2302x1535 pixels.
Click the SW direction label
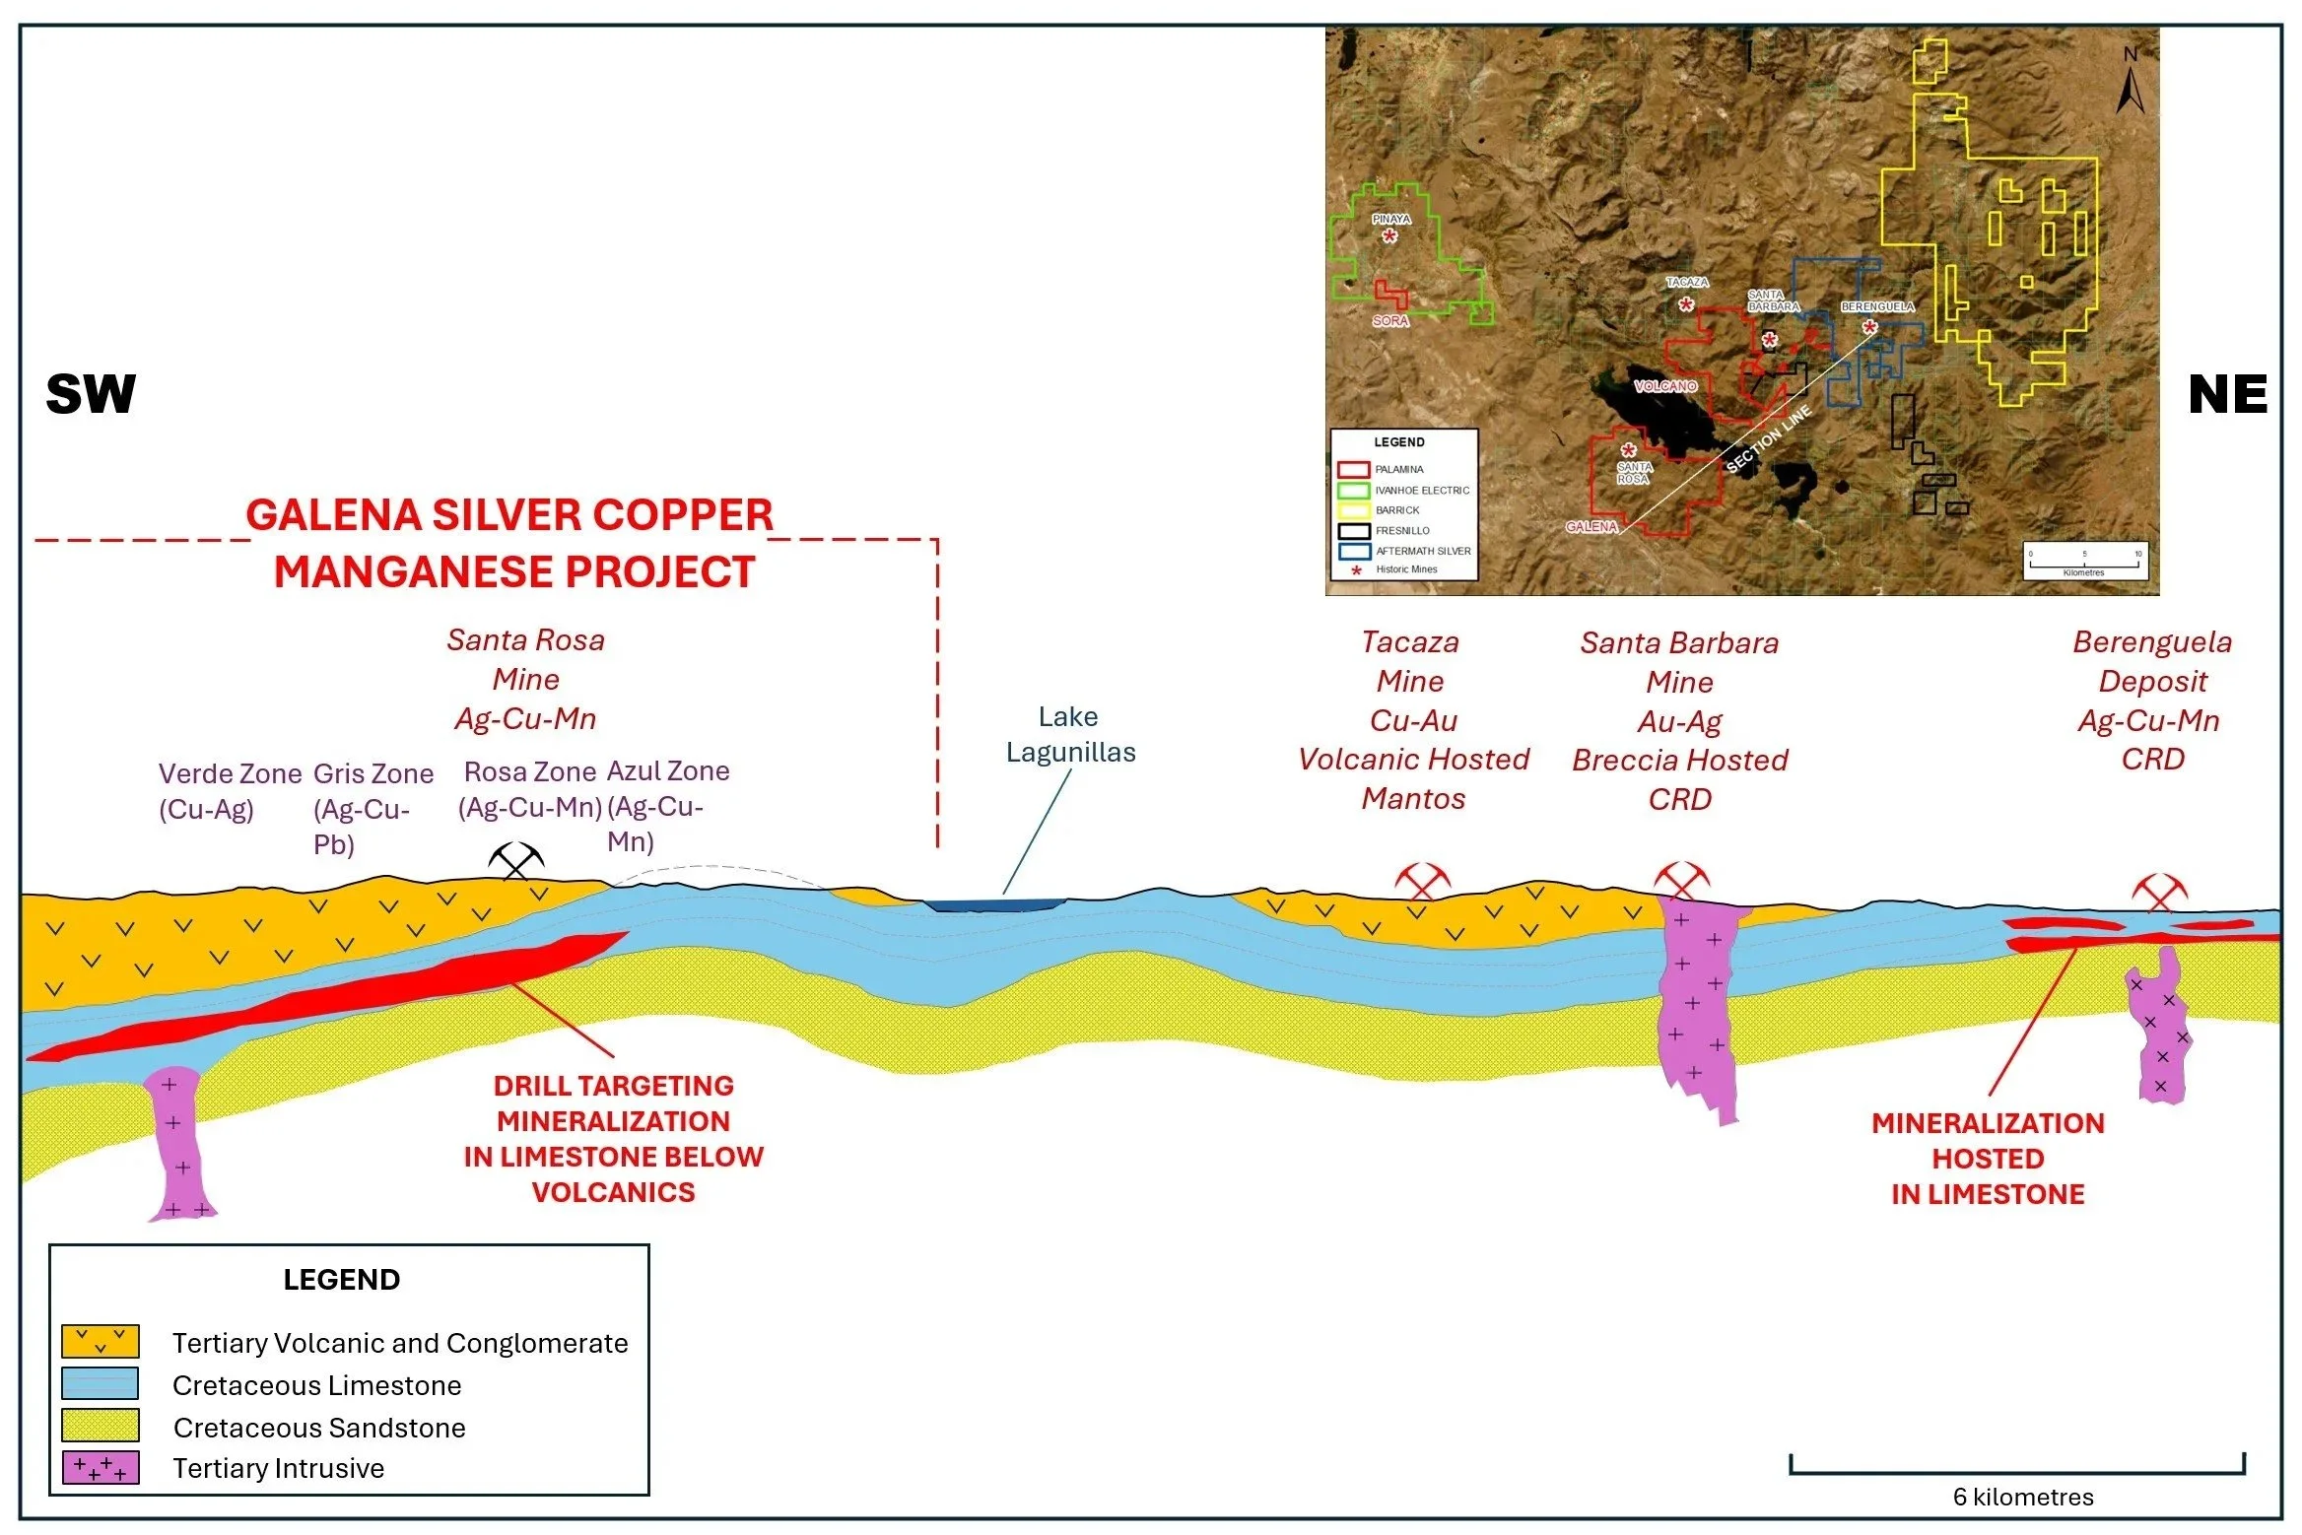pos(91,394)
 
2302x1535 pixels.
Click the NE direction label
pos(2227,394)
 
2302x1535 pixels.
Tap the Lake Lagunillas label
pos(1070,734)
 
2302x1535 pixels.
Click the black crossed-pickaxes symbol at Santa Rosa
pos(515,862)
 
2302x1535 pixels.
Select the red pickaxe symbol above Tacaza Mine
pos(1421,880)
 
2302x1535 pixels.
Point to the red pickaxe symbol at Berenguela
pos(2159,892)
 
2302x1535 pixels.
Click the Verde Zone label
pos(230,774)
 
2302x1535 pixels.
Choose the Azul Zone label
pos(668,771)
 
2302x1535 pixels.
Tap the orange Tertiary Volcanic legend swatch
pos(101,1341)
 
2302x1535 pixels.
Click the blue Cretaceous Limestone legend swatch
pos(101,1383)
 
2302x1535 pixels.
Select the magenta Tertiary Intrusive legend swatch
pos(101,1467)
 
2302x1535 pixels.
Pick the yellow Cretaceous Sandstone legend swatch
pos(101,1426)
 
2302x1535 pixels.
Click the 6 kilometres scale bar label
pos(2023,1497)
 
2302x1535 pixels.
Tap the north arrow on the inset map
pos(2132,84)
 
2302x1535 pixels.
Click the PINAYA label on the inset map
pos(1391,219)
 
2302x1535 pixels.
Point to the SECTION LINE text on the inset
pos(1769,438)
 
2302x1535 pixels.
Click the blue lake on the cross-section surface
pos(995,903)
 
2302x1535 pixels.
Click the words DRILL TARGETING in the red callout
pos(613,1086)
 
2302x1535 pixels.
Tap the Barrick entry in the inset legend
pos(1397,510)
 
